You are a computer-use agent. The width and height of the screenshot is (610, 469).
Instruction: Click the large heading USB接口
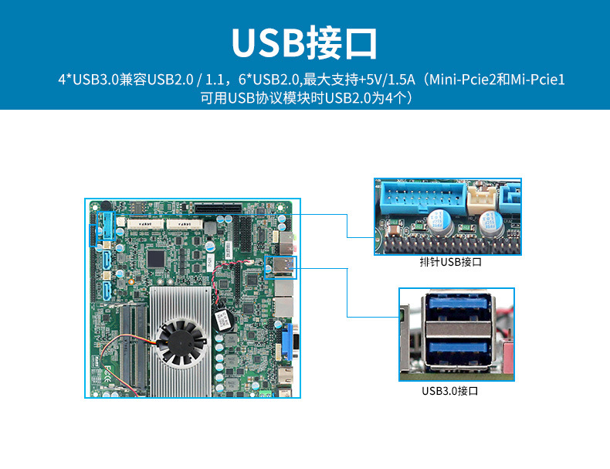(x=304, y=42)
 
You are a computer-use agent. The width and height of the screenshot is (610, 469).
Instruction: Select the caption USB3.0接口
(x=450, y=391)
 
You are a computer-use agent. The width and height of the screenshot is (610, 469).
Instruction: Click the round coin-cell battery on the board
(x=222, y=319)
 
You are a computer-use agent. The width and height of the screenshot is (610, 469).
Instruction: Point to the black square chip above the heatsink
(x=156, y=257)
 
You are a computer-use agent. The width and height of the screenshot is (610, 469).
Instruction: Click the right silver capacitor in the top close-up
(x=491, y=226)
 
